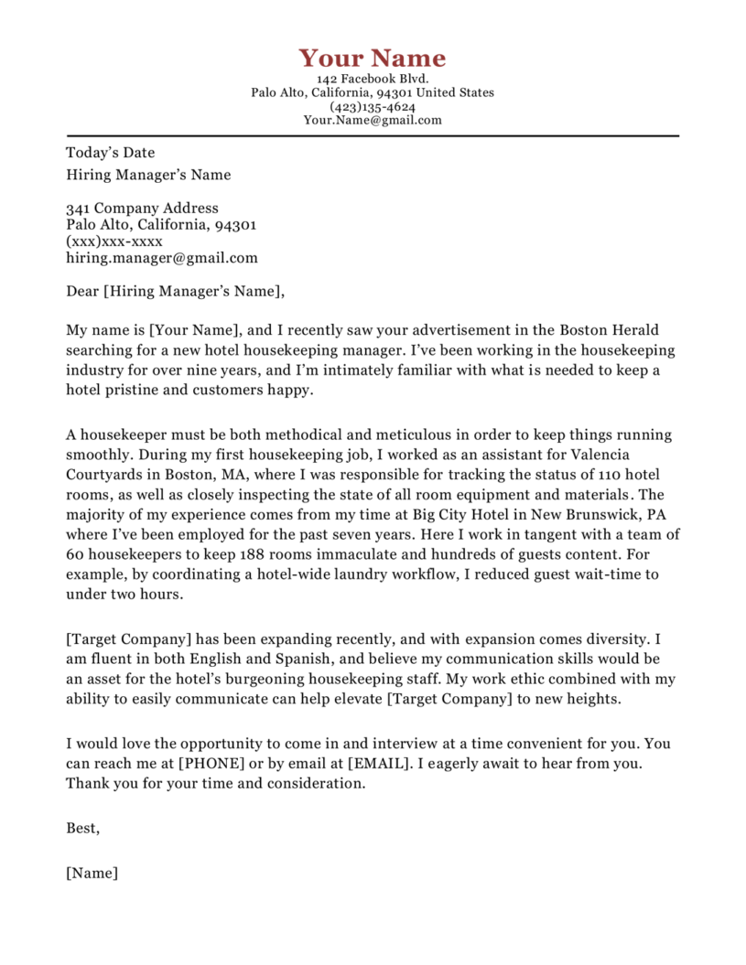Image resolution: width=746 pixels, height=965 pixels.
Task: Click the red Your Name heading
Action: tap(372, 59)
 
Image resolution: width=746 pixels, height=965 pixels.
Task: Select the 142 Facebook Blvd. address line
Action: tap(372, 80)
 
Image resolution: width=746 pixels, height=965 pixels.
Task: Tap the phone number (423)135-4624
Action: tap(372, 106)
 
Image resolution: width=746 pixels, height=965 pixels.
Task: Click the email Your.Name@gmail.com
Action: tap(372, 120)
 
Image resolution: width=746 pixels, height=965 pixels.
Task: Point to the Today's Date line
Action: tap(111, 153)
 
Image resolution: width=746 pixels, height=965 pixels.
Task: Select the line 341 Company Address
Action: tap(142, 209)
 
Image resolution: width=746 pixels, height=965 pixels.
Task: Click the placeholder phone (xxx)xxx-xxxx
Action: tap(114, 241)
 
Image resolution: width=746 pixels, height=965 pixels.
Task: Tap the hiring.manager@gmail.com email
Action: tap(162, 258)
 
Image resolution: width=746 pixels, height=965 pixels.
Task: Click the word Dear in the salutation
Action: tap(82, 292)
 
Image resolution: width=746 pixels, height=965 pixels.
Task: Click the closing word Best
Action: tap(82, 828)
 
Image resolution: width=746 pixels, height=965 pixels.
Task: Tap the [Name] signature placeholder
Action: tap(92, 873)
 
